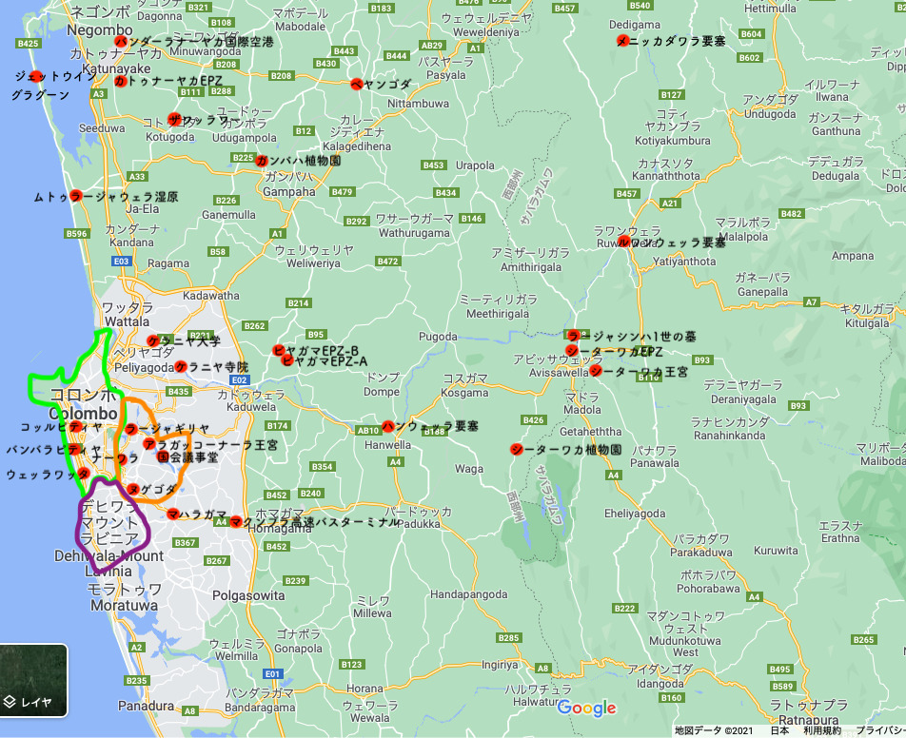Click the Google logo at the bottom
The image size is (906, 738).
point(586,708)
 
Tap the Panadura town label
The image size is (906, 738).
point(146,707)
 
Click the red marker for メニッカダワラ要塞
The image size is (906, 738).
point(622,41)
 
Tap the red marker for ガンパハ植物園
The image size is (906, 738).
point(262,161)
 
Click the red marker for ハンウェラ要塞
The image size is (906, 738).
point(387,427)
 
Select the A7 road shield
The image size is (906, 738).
point(811,301)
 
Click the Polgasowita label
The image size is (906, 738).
point(249,595)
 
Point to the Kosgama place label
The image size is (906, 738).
point(465,392)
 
